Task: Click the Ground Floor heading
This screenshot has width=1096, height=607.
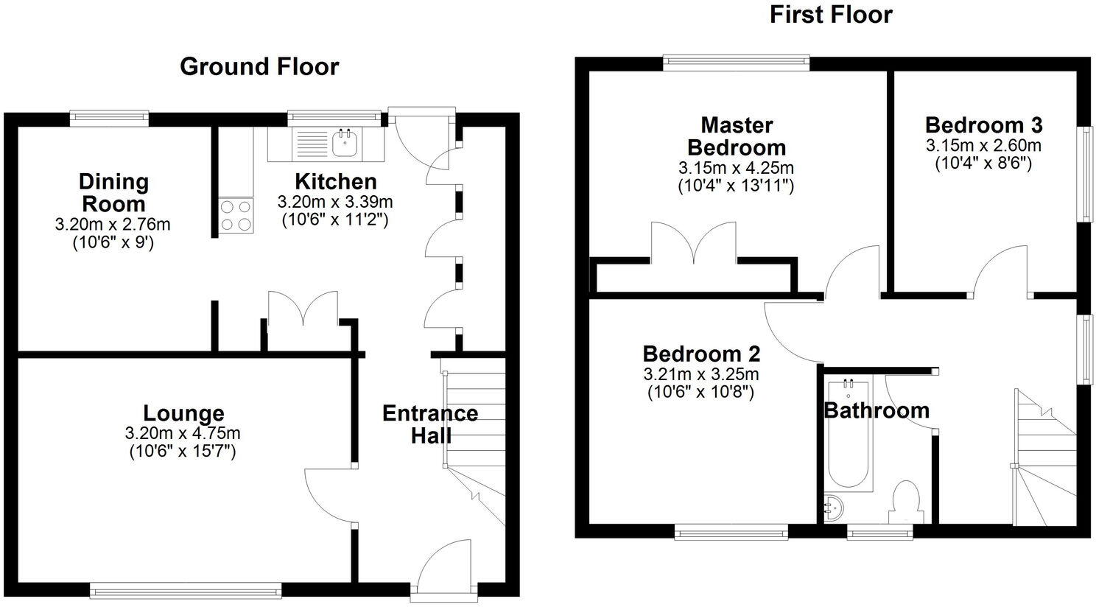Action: pyautogui.click(x=259, y=66)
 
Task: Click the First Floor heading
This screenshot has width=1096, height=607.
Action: pyautogui.click(x=831, y=15)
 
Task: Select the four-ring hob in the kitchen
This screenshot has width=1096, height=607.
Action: pyautogui.click(x=236, y=216)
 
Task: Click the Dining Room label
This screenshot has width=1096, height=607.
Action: pyautogui.click(x=113, y=192)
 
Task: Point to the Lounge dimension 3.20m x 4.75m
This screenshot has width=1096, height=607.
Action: pyautogui.click(x=183, y=434)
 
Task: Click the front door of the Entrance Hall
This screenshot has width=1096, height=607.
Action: pyautogui.click(x=444, y=567)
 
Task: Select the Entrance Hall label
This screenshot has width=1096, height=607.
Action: pyautogui.click(x=430, y=424)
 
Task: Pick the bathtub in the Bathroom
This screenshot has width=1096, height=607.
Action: pyautogui.click(x=848, y=435)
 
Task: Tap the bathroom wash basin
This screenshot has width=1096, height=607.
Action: pyautogui.click(x=834, y=508)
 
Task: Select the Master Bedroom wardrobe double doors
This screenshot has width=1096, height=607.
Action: pyautogui.click(x=694, y=243)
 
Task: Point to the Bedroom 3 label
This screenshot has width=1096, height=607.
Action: pyautogui.click(x=983, y=124)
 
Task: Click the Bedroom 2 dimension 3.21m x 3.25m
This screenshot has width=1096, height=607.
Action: pyautogui.click(x=700, y=373)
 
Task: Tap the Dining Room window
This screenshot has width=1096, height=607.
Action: pyautogui.click(x=109, y=116)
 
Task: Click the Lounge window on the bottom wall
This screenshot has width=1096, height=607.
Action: pyautogui.click(x=185, y=589)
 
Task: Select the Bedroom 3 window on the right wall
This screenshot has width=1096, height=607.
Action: pyautogui.click(x=1085, y=173)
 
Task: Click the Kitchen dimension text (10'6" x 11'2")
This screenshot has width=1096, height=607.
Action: pyautogui.click(x=335, y=220)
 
